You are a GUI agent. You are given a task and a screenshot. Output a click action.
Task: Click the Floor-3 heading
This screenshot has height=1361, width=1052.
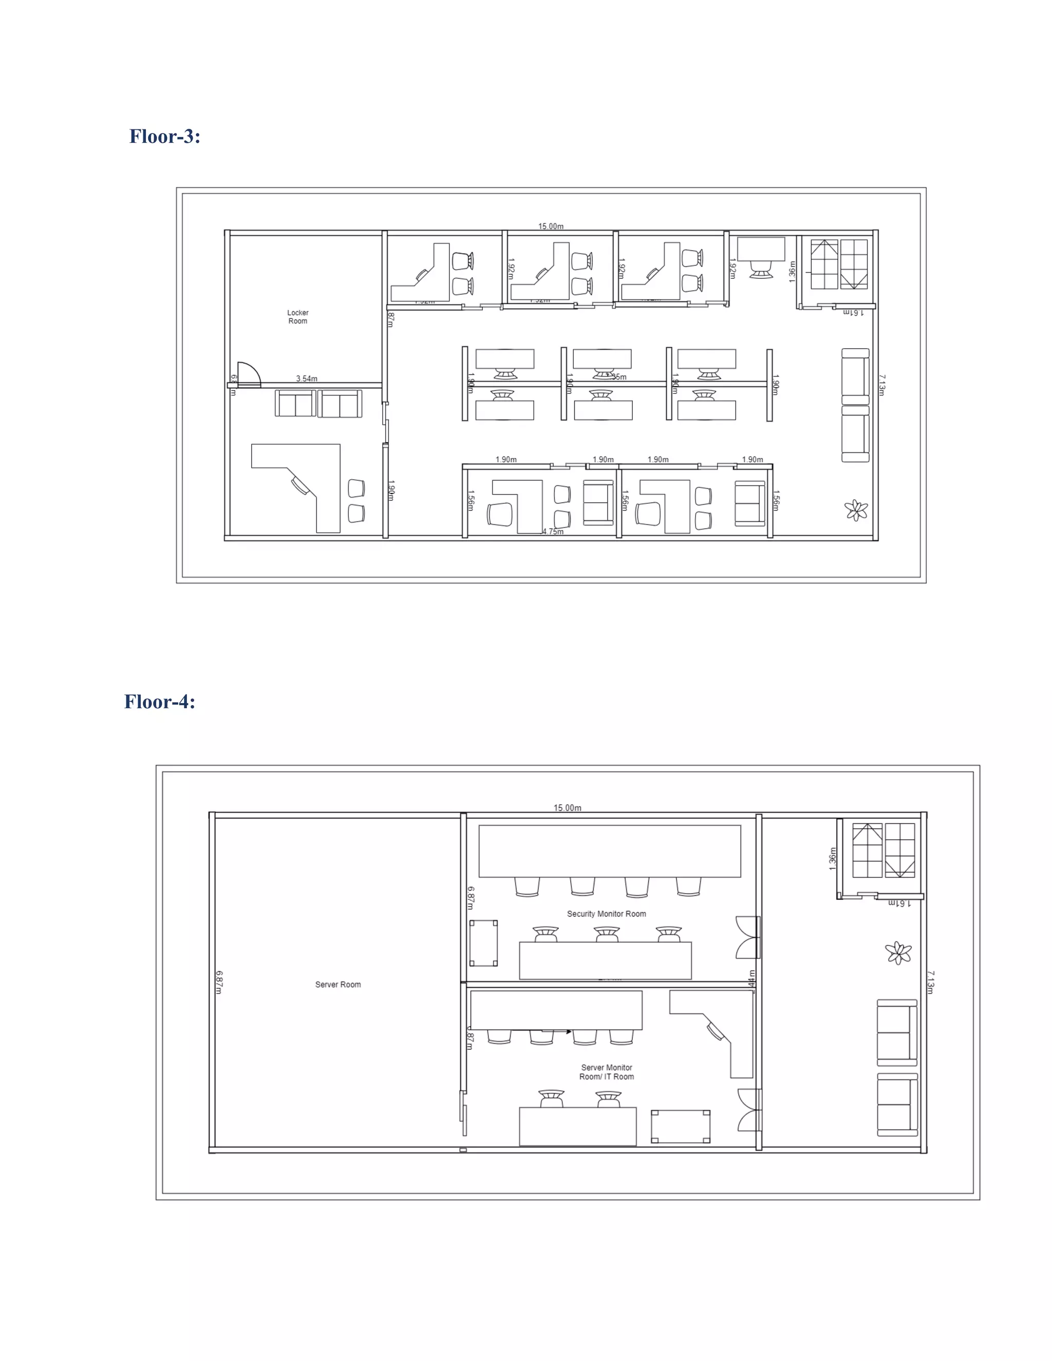coord(164,137)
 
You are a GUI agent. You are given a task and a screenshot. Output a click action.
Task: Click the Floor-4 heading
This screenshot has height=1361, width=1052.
coord(160,702)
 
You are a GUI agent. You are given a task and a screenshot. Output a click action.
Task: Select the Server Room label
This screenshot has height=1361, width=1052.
coord(338,985)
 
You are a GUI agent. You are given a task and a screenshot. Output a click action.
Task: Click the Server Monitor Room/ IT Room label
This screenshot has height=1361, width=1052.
coord(607,1072)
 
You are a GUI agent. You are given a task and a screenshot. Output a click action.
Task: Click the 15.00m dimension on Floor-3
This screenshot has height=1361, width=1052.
coord(551,226)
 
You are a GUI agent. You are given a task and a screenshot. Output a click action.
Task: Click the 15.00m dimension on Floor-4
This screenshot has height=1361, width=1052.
coord(567,808)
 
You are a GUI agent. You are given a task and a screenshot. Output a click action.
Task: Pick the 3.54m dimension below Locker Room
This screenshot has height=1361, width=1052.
coord(307,379)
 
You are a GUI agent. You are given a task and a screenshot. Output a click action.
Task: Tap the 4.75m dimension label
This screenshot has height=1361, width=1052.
coord(553,532)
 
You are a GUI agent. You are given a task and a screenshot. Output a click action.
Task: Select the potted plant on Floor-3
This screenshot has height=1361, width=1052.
coord(856,511)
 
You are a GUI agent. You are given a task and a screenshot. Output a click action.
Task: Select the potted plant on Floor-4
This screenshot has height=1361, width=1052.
coord(898,953)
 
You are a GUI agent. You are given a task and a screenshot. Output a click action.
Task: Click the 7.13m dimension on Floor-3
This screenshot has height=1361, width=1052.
coord(882,385)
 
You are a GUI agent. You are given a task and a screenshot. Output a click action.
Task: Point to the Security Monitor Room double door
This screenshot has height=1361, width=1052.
coord(748,937)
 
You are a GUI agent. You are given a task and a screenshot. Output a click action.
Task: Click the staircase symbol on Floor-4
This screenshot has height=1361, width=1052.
coord(883,850)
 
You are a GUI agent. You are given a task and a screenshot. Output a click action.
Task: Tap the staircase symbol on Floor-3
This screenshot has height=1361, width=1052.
coord(839,264)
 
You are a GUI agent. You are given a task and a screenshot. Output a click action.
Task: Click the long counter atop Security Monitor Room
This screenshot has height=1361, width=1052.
coord(610,850)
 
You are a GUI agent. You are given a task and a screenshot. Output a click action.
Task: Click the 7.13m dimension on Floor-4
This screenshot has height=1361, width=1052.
coord(930,981)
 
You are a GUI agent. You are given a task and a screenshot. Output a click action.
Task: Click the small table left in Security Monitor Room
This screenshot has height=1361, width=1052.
coord(483,943)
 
